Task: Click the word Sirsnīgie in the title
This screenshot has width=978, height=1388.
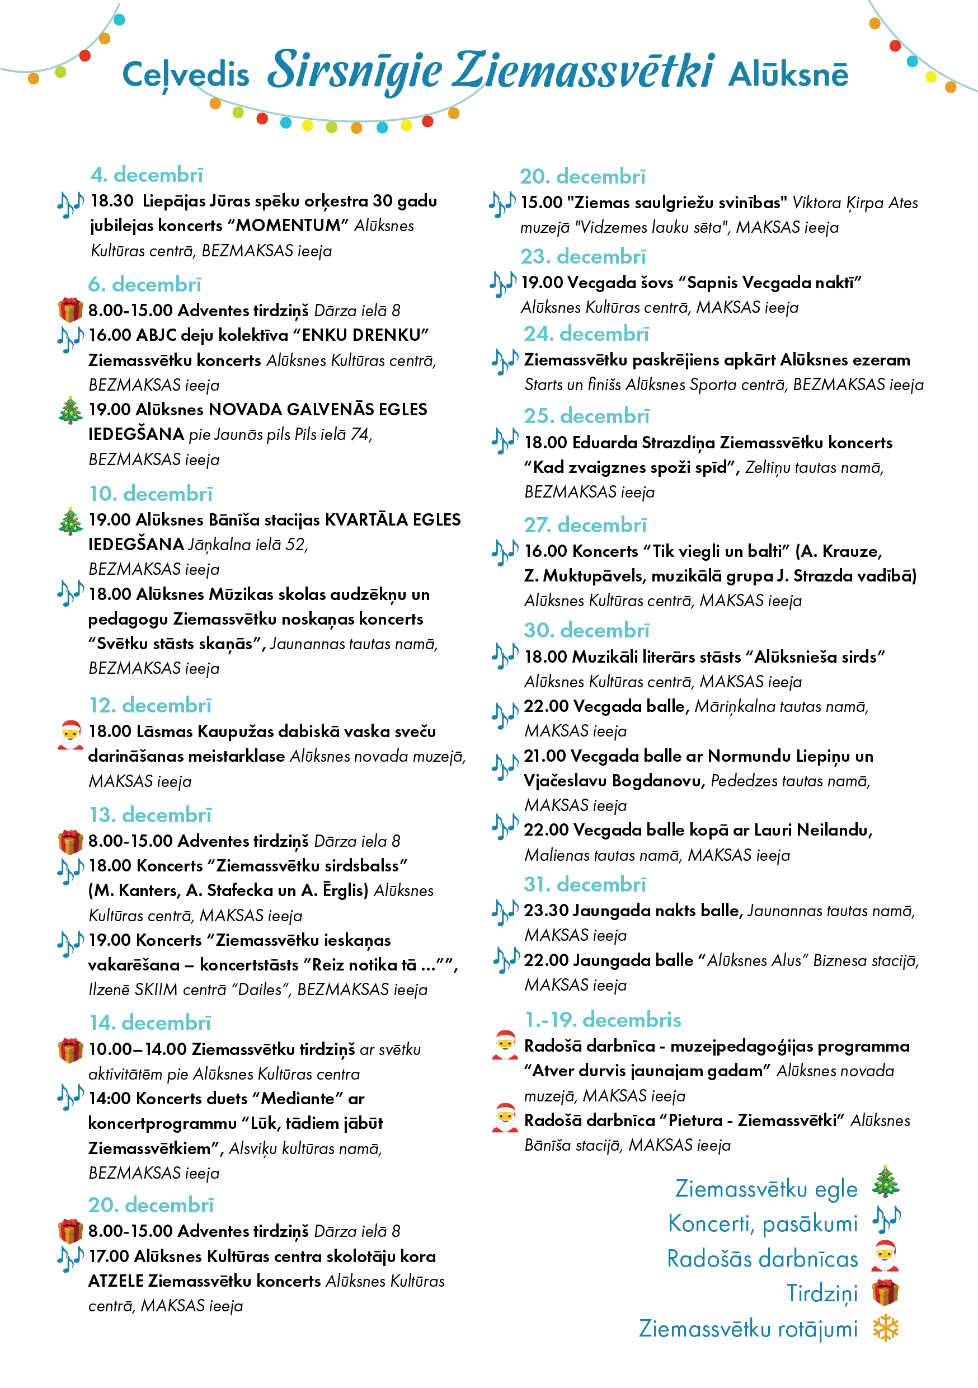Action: [x=355, y=71]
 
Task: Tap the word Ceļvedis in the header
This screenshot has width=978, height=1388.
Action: [x=186, y=75]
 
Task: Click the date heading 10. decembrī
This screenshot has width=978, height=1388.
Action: [x=151, y=494]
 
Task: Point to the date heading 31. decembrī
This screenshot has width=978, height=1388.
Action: [x=585, y=884]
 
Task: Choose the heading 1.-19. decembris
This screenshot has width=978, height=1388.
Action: [x=603, y=1020]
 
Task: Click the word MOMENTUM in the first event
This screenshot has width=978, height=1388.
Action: [x=288, y=226]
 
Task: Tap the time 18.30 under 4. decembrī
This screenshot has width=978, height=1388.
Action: [x=112, y=201]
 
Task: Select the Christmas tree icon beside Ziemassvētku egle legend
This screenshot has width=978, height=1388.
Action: [x=886, y=1182]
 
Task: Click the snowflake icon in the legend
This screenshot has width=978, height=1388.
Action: [x=886, y=1329]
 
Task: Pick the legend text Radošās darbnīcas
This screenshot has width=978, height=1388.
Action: [x=762, y=1259]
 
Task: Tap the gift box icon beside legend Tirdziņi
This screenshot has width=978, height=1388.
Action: [x=886, y=1293]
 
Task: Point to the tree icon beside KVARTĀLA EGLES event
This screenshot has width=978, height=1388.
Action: [x=70, y=521]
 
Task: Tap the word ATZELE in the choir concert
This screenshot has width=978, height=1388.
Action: [x=115, y=1281]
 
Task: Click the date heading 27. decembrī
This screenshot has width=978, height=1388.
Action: [x=585, y=526]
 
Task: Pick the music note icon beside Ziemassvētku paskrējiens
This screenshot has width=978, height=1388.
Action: [x=505, y=361]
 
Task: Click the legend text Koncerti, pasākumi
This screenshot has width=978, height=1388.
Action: [x=762, y=1223]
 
